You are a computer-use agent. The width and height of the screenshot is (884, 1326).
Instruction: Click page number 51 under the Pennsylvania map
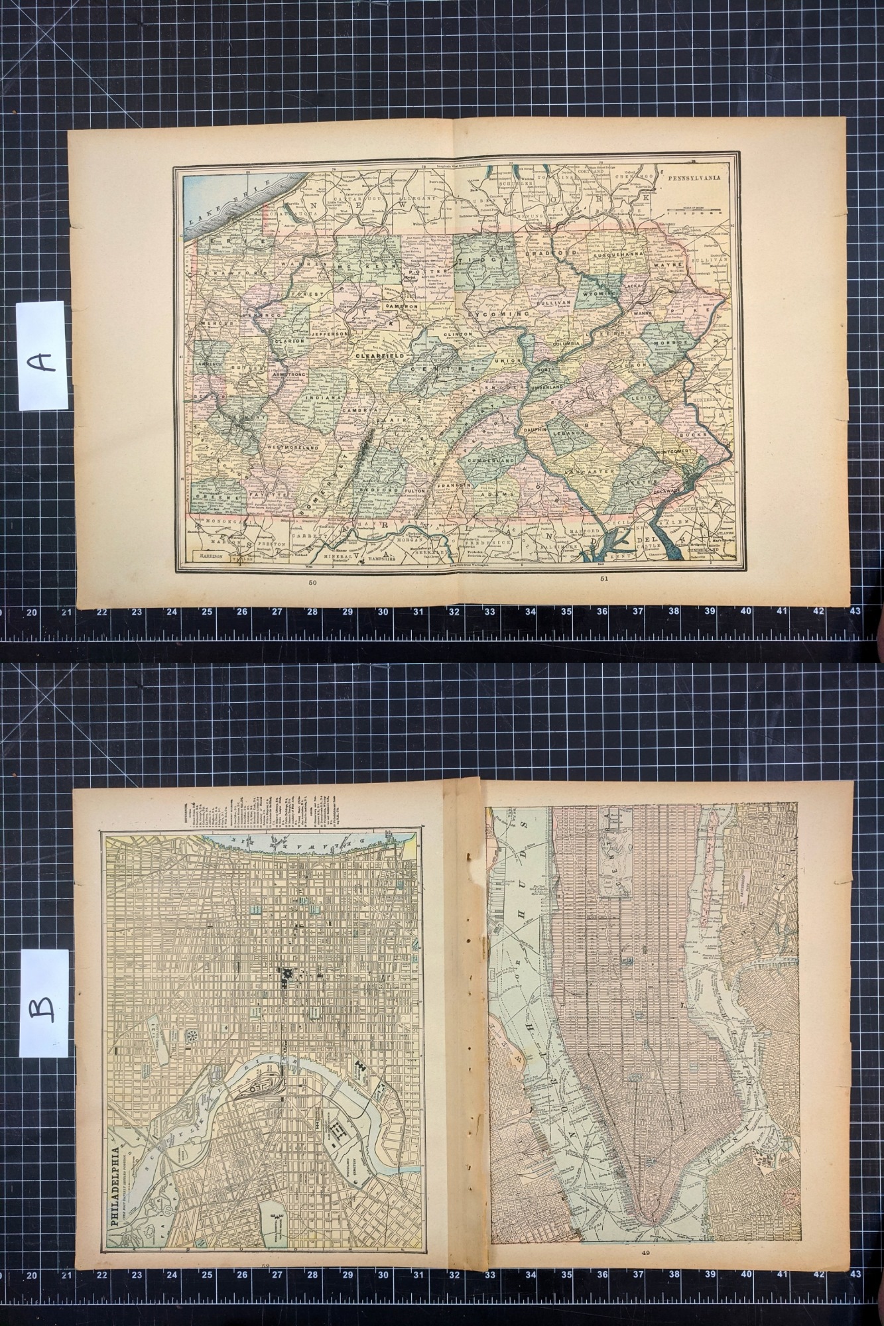click(603, 578)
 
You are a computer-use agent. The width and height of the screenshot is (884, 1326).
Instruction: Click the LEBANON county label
click(568, 432)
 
